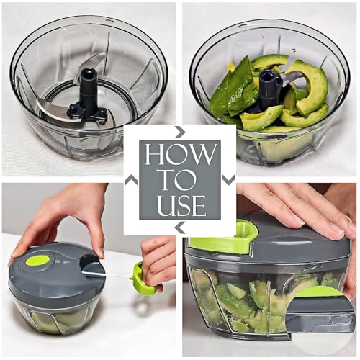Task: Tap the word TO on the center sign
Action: pos(180,179)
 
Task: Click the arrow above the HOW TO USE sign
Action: pos(180,131)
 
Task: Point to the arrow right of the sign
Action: pos(228,179)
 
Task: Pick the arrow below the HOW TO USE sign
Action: pos(180,228)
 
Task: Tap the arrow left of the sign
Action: pos(131,179)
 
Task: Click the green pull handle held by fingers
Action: pos(142,279)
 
